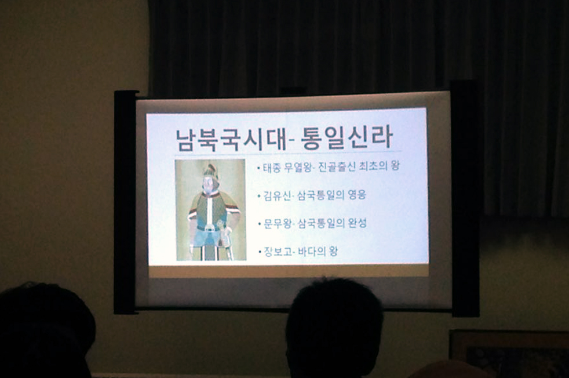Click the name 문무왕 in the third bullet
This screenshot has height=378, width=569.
pos(278,223)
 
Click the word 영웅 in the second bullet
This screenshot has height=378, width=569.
pos(357,195)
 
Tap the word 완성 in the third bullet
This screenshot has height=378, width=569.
pos(358,223)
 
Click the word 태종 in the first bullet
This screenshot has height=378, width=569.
pos(272,168)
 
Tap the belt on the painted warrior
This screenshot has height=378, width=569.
pos(209,228)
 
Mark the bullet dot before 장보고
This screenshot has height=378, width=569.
pos(260,252)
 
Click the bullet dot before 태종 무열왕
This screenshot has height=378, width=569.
pos(258,168)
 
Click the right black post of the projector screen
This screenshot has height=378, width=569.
pos(465,198)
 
